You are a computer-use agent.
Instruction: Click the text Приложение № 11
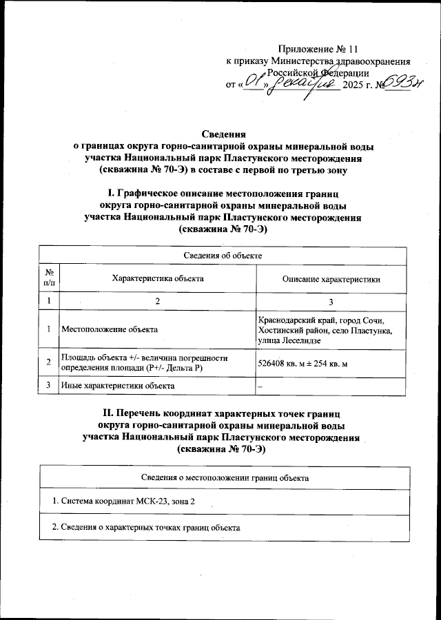point(318,50)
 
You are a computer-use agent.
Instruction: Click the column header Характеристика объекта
point(157,278)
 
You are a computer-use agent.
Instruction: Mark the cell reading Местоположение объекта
point(109,330)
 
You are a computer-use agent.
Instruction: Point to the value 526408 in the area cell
point(273,363)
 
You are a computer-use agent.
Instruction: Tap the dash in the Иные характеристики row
point(260,386)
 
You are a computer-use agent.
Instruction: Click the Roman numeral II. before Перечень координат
point(108,413)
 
